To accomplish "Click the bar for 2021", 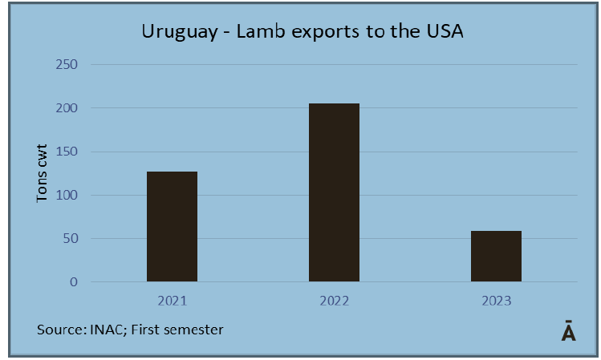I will [172, 227].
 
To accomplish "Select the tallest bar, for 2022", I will [334, 193].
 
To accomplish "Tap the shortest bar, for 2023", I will [496, 257].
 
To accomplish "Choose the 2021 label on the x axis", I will [172, 301].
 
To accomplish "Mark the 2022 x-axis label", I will [334, 301].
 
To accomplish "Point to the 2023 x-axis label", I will [496, 301].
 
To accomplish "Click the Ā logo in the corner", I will [568, 332].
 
